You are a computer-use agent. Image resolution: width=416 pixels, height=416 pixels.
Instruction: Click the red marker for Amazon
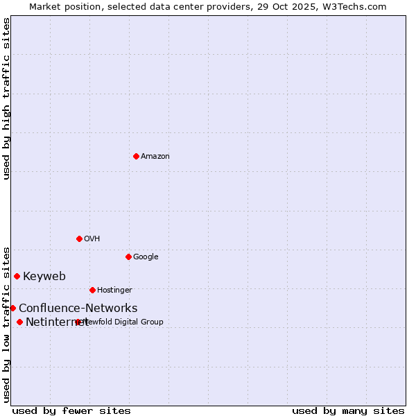[136, 156]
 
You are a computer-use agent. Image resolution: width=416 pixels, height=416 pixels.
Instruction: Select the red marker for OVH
[79, 239]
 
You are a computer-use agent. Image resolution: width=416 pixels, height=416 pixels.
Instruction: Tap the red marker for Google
[128, 257]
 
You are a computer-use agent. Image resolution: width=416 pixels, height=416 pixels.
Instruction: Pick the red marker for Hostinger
[92, 290]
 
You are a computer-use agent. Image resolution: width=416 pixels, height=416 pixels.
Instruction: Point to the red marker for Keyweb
[17, 276]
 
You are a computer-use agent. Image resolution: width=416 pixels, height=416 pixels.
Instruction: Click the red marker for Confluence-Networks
[12, 308]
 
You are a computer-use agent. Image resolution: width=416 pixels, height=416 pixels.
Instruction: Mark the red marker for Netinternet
[19, 322]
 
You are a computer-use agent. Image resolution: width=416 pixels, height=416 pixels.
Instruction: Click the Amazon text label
[155, 157]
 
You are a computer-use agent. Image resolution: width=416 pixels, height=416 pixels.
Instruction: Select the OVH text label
[92, 239]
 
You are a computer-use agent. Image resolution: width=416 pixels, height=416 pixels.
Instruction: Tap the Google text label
[146, 257]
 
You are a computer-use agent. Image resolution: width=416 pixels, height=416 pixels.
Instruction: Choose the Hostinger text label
[114, 291]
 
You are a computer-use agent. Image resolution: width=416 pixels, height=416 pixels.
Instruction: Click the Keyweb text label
[44, 277]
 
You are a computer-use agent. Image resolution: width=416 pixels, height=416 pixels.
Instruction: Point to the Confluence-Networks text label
[78, 309]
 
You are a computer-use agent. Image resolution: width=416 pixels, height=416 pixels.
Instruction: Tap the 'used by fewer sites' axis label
[71, 410]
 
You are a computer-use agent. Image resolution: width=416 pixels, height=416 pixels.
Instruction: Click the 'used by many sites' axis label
[348, 410]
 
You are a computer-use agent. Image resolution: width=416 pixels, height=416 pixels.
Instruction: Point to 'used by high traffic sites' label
[6, 98]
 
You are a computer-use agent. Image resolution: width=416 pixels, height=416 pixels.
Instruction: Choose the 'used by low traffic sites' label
[6, 324]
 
